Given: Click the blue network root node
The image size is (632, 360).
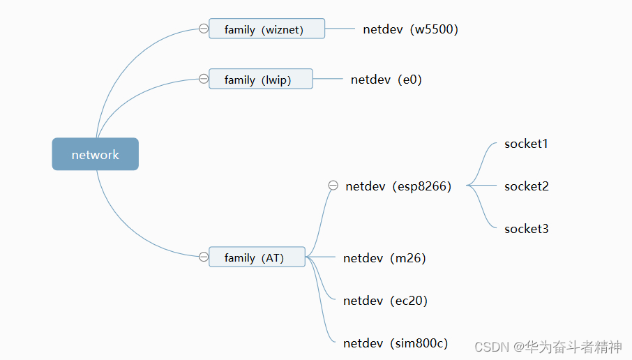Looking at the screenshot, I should click(x=96, y=154).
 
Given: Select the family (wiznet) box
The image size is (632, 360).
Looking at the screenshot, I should click(x=266, y=29).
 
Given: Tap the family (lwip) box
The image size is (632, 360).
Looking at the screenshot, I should click(x=260, y=79).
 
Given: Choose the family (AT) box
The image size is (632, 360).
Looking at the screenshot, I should click(x=257, y=257).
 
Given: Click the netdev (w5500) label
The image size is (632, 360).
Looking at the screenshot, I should click(x=410, y=29).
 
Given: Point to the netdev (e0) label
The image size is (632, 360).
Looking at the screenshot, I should click(x=386, y=80).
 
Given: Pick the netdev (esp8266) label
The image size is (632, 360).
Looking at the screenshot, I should click(x=398, y=186).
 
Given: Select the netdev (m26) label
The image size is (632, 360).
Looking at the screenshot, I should click(x=384, y=258).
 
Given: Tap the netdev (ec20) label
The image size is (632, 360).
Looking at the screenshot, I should click(x=385, y=301).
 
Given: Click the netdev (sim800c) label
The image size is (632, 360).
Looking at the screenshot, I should click(x=396, y=343).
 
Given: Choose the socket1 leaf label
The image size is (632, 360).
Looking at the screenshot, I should click(x=526, y=144).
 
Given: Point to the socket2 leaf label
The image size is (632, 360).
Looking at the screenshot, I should click(x=526, y=186).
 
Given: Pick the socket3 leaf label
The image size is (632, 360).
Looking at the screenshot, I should click(x=526, y=229).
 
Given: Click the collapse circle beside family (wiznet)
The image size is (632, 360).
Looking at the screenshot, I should click(x=204, y=29).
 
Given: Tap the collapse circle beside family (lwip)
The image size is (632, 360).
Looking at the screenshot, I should click(x=204, y=79).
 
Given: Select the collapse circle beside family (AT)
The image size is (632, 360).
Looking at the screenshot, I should click(x=204, y=257).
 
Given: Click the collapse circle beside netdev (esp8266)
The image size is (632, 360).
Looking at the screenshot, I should click(x=333, y=186).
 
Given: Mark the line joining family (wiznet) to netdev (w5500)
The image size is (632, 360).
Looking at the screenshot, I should click(x=340, y=29).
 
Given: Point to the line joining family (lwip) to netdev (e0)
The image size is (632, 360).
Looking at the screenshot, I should click(x=328, y=79).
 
